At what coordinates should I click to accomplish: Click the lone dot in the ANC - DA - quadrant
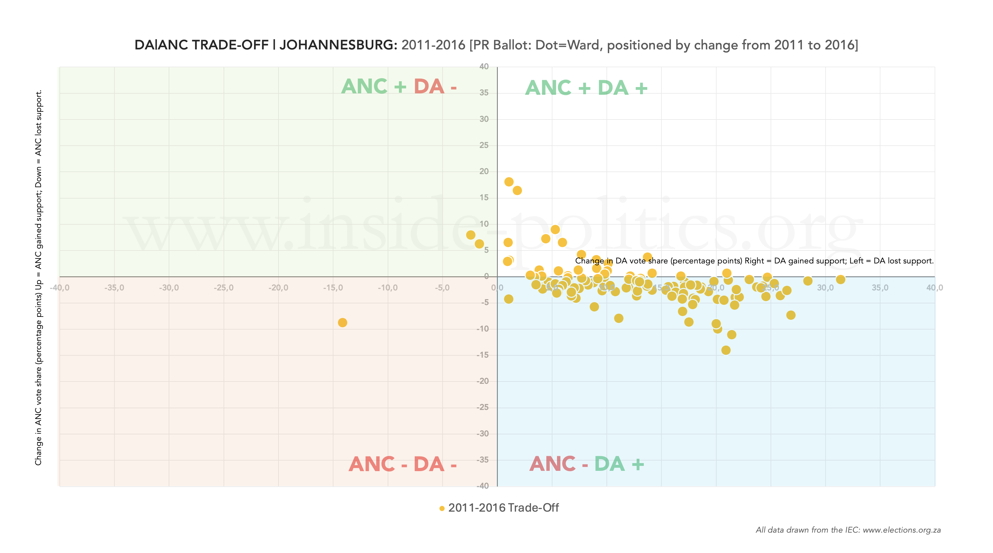point(342,323)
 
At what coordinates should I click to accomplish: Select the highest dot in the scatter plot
point(509,182)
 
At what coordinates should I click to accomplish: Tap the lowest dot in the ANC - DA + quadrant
point(726,350)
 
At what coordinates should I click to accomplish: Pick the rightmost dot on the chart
point(841,280)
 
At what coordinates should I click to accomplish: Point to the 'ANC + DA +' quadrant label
point(586,88)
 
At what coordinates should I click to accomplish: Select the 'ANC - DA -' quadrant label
point(402,464)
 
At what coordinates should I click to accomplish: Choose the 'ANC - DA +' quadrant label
point(586,464)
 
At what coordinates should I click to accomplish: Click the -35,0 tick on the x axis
point(114,288)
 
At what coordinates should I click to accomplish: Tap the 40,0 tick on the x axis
point(934,288)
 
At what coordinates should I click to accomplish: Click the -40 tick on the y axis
point(483,486)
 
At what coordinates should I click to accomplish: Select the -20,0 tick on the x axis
point(278,288)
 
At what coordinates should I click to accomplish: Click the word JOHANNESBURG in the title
point(338,45)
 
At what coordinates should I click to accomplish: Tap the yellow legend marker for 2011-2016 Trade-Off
point(442,508)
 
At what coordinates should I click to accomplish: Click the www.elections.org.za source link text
point(901,530)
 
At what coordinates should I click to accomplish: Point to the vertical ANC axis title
point(39,278)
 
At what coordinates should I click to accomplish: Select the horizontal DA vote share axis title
point(754,261)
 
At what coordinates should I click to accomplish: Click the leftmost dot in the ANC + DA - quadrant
point(470,235)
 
